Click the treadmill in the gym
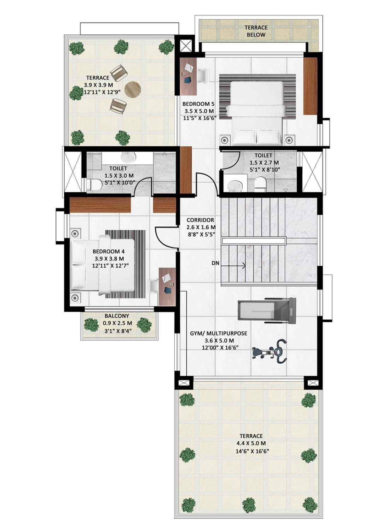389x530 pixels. [267, 311]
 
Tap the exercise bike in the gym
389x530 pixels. [270, 351]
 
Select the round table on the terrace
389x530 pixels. [133, 89]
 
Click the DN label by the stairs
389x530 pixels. [215, 263]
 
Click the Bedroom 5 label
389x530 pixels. [198, 104]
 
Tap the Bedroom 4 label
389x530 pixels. [109, 251]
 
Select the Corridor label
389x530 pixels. [200, 220]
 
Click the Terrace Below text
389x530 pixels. [256, 31]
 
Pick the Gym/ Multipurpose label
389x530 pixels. [219, 334]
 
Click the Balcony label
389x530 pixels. [117, 316]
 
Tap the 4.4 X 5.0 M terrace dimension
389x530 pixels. [251, 443]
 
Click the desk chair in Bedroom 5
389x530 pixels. [203, 75]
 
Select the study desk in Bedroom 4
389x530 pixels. [167, 287]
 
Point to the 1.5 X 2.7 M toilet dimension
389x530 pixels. [264, 163]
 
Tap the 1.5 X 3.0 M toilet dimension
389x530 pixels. [119, 176]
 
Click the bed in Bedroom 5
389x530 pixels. [257, 113]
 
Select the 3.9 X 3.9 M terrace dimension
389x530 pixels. [98, 85]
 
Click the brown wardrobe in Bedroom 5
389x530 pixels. [310, 86]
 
